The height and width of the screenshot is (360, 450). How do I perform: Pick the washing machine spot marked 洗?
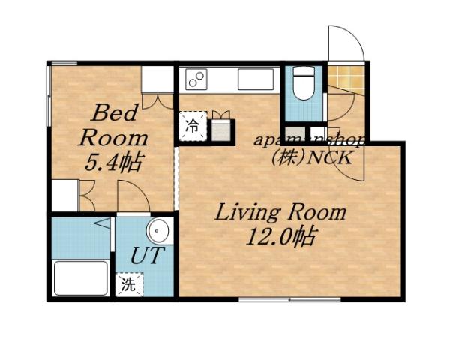coord(128,285)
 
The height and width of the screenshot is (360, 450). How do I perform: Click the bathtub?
coord(82,277)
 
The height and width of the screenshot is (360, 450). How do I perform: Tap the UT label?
coord(145,256)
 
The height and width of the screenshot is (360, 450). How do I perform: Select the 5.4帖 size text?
coord(115,160)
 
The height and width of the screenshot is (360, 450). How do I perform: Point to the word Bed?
coord(114,115)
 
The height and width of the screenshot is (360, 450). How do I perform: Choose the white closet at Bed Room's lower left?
coord(64,196)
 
